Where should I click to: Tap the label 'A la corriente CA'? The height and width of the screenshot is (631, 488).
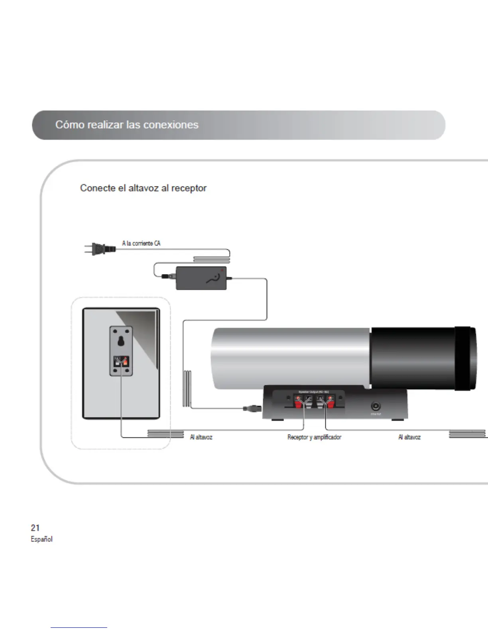(141, 243)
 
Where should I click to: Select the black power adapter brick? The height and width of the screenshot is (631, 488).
(201, 278)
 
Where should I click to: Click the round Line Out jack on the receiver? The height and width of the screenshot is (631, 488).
(376, 406)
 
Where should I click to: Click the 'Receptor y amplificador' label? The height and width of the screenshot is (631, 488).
(314, 437)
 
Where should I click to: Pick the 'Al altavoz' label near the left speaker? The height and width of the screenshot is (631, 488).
(201, 437)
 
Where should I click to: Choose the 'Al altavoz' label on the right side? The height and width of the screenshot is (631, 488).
(409, 437)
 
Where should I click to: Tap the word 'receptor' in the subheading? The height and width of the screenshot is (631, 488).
(189, 188)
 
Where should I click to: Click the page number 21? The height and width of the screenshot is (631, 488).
(35, 528)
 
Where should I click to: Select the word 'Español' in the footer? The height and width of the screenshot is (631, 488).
(41, 539)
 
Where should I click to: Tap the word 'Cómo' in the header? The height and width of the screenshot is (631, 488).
(70, 125)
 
